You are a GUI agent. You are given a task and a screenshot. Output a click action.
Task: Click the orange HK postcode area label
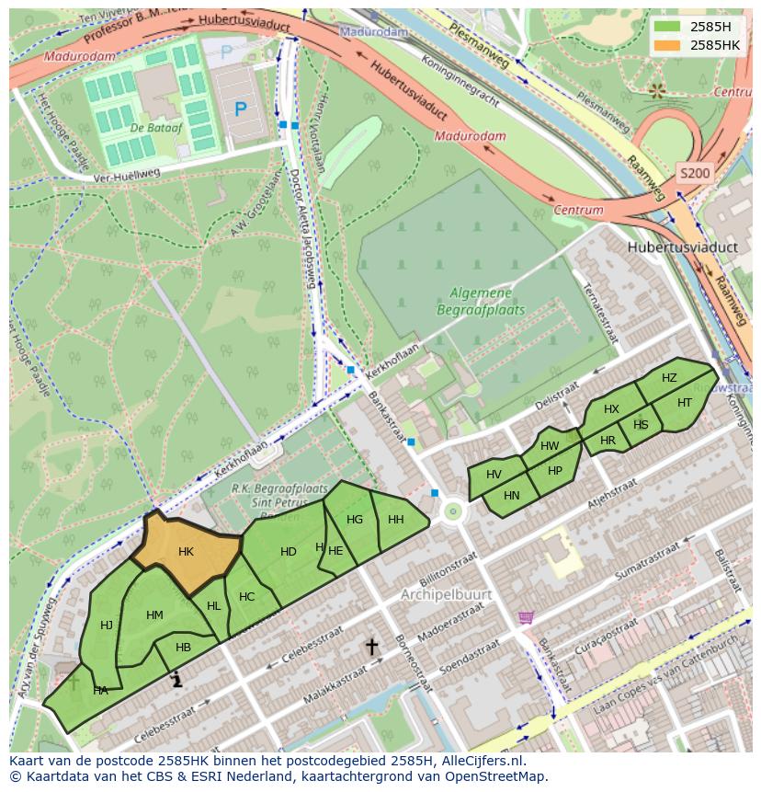click(x=186, y=552)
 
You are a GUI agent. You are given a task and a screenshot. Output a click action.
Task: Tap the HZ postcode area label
click(x=669, y=378)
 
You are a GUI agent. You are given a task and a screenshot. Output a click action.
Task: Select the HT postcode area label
click(x=684, y=403)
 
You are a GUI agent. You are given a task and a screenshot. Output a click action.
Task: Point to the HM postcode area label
click(x=154, y=615)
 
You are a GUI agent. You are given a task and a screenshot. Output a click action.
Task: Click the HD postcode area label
click(x=289, y=552)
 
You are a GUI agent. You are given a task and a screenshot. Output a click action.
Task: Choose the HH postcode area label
click(x=395, y=520)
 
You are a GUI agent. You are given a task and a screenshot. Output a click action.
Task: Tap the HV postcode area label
click(x=494, y=475)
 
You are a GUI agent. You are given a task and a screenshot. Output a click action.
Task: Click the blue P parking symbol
click(x=240, y=110)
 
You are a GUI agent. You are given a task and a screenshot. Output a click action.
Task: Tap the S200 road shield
click(x=694, y=172)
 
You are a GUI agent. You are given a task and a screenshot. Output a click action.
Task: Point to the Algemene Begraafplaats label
click(x=487, y=302)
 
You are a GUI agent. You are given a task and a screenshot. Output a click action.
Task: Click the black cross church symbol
click(x=371, y=648)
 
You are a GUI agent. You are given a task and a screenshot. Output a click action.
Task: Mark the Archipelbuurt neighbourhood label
click(x=446, y=595)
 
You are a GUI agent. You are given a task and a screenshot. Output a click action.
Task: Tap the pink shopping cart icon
click(x=526, y=616)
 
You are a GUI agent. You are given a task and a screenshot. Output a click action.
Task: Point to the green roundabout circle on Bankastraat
click(x=451, y=511)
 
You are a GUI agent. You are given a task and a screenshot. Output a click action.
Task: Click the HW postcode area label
click(x=550, y=446)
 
